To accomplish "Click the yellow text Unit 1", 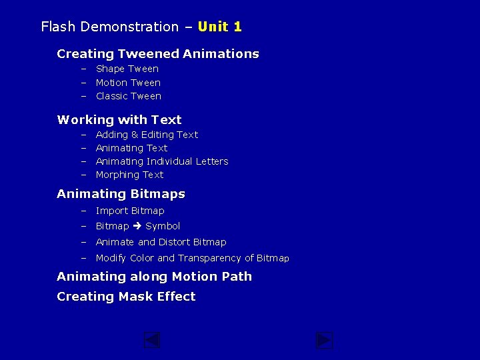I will pos(220,27).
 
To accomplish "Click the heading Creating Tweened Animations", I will pos(158,54).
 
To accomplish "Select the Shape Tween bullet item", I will pos(127,69).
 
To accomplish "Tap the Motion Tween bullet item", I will pos(128,83).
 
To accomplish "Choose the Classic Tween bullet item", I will pos(129,96).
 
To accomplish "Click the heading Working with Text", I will pos(119,120).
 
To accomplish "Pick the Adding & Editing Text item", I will pos(147,135).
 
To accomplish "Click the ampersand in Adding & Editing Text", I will pos(135,135).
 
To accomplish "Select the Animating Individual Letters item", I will pos(162,161).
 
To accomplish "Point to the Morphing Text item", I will pos(129,175).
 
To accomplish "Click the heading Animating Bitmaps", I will pos(121,194).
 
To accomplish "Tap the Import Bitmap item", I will pos(130,211).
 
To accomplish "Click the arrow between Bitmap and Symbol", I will pos(137,226).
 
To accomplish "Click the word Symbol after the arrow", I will pos(163,226).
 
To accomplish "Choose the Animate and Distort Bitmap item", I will pos(161,242).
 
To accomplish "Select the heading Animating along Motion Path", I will pos(154,277).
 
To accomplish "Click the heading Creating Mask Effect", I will pos(126,297).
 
